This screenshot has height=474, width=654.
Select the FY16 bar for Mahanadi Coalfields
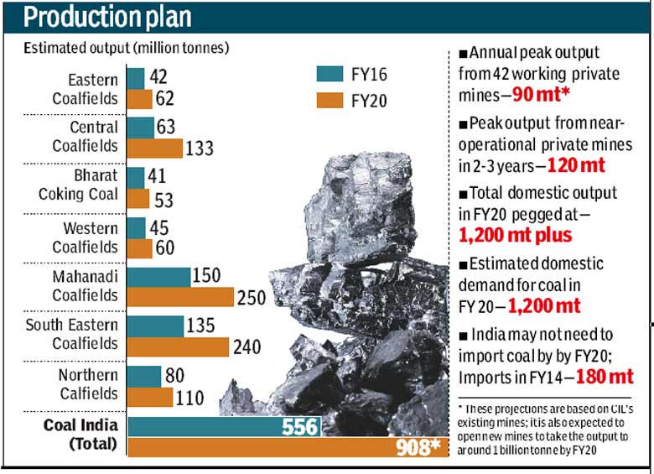click(x=159, y=277)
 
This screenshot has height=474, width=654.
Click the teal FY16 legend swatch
click(x=331, y=73)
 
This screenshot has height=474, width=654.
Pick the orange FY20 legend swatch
click(x=331, y=102)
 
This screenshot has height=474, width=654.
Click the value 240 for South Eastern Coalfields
click(x=247, y=346)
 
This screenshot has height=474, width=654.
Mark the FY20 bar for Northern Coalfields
click(x=150, y=397)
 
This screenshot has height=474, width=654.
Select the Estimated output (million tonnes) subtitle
click(x=125, y=48)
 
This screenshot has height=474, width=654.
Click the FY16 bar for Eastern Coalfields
click(x=136, y=78)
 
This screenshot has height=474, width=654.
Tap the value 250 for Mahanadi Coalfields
click(x=252, y=298)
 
